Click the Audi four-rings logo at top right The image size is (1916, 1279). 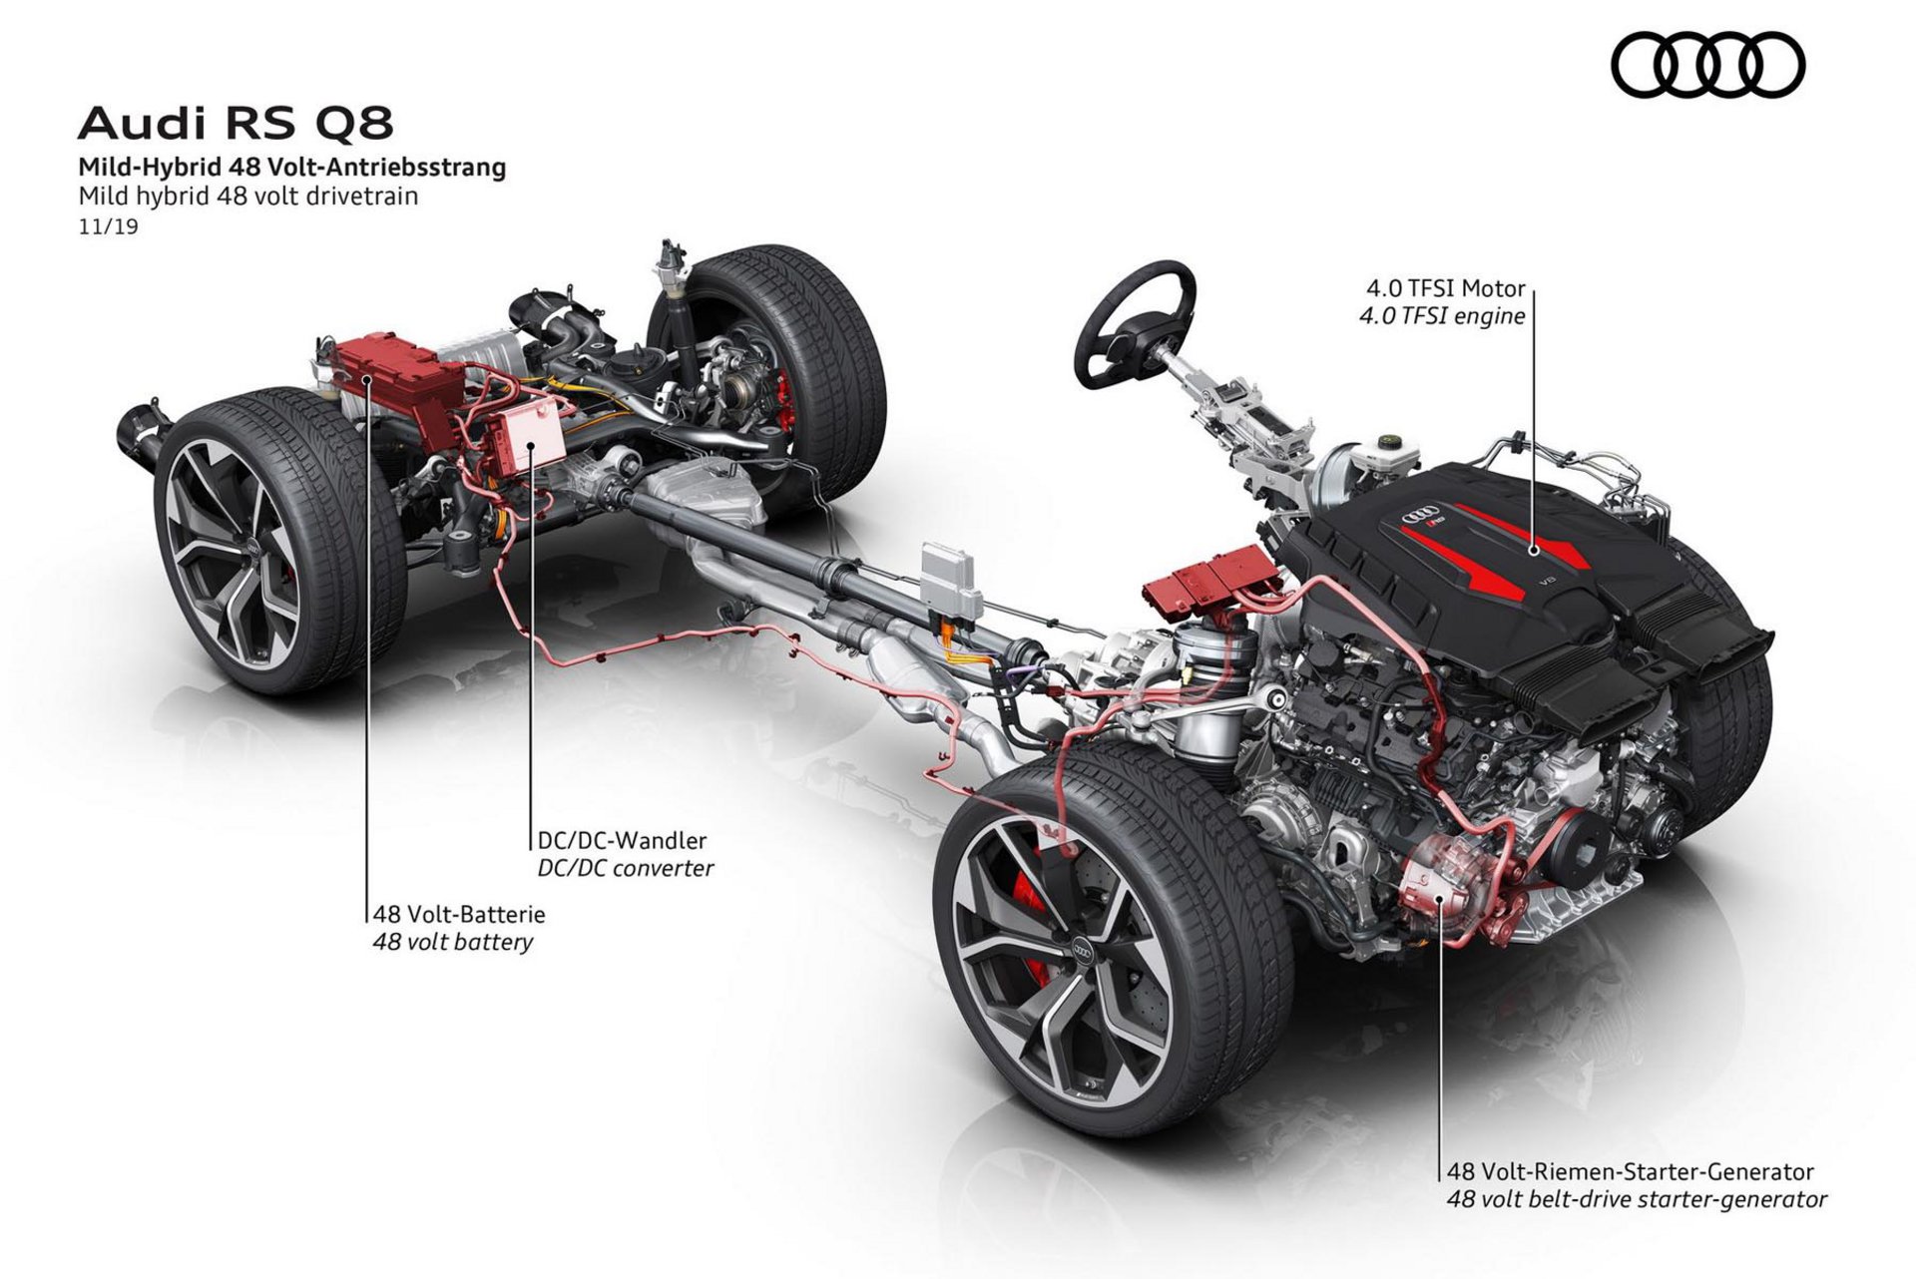(x=1708, y=65)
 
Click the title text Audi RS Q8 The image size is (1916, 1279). (x=236, y=124)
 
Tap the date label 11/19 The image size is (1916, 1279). (x=108, y=226)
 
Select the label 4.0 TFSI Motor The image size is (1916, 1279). (x=1446, y=288)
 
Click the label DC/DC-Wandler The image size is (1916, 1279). (x=622, y=840)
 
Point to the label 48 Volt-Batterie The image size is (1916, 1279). (x=459, y=913)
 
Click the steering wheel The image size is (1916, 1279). (x=1135, y=324)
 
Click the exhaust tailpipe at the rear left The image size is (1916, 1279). (x=139, y=437)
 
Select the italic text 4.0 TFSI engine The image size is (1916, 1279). (x=1442, y=316)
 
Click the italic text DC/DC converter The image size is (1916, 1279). (x=626, y=868)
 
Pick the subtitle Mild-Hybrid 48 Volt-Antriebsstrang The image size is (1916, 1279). (x=292, y=167)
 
